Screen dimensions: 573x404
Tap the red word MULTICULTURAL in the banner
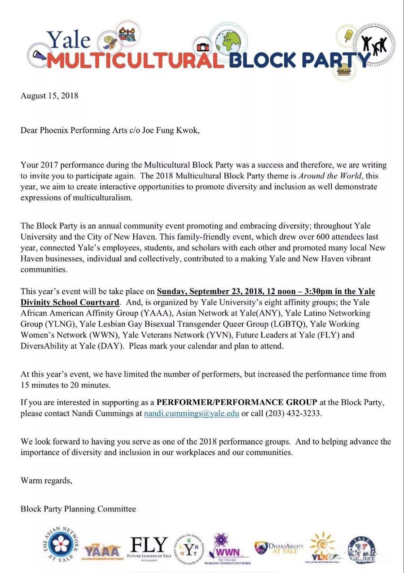pyautogui.click(x=135, y=60)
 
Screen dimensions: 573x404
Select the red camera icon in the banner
pyautogui.click(x=203, y=47)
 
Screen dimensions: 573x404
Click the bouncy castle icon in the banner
pyautogui.click(x=127, y=33)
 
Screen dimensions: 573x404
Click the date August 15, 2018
pyautogui.click(x=49, y=96)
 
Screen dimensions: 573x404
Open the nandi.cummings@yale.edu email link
pyautogui.click(x=191, y=414)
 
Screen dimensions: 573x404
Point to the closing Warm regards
pyautogui.click(x=46, y=481)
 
